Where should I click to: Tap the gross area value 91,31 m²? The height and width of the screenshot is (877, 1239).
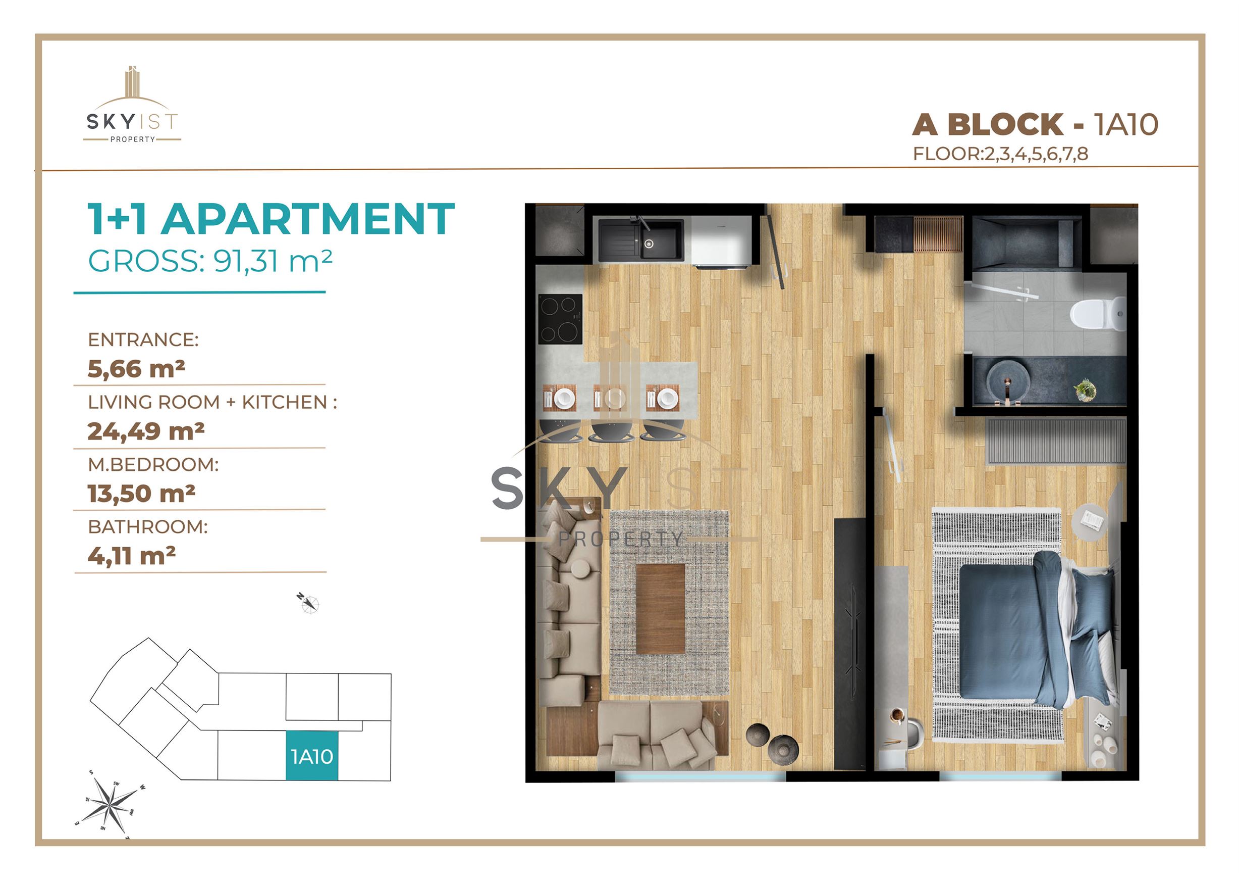[x=273, y=261]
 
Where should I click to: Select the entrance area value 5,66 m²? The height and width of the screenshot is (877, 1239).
[x=137, y=369]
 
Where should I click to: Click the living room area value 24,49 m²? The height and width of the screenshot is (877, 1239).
[x=146, y=431]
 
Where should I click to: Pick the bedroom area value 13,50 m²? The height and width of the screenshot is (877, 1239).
[x=141, y=494]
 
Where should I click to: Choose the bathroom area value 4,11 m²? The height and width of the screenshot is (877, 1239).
[x=132, y=556]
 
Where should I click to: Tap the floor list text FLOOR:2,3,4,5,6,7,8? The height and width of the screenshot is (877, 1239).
[x=1000, y=154]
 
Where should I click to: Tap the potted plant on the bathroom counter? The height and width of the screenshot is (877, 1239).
[x=1086, y=389]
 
